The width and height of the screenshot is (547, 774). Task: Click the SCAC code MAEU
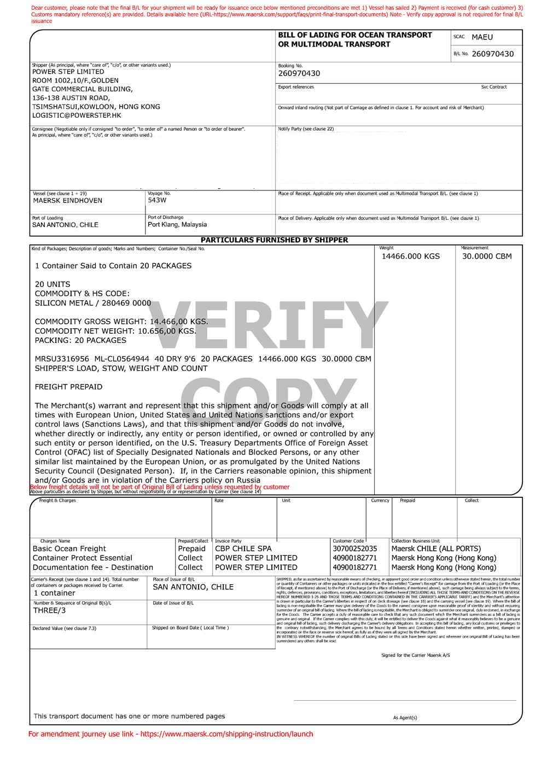point(482,37)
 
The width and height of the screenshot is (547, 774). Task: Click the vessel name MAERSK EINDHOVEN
point(67,201)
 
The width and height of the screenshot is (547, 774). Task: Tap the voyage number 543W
point(157,200)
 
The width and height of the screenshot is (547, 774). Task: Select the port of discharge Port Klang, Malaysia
point(177,225)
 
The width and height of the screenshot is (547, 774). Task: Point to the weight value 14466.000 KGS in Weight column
point(410,257)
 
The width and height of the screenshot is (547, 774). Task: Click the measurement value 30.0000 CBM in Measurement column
point(487,257)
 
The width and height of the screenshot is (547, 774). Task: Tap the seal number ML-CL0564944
point(121,359)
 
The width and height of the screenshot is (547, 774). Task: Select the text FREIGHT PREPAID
point(68,387)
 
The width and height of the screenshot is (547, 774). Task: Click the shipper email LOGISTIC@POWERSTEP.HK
point(77,116)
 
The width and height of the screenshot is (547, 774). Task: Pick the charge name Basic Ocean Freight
point(69,549)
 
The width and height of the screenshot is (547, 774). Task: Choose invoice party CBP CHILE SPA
point(243,549)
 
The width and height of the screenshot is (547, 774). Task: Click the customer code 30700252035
point(354,549)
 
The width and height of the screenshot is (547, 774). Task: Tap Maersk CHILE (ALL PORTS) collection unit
point(436,549)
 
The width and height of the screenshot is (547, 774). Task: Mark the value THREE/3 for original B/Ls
point(49,611)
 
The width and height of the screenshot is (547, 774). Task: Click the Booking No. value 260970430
point(299,74)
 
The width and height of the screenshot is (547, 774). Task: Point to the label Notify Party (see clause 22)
point(306,130)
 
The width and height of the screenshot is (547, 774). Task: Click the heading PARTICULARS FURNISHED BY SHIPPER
point(274,240)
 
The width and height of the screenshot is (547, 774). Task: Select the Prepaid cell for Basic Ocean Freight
point(191,549)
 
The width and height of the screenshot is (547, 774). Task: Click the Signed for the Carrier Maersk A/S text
point(415,655)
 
